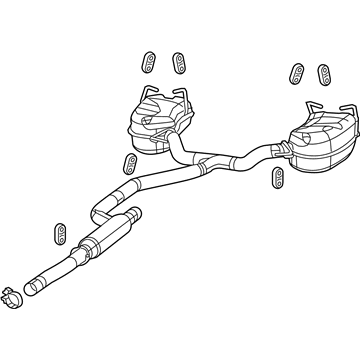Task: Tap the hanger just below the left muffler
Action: tap(128, 164)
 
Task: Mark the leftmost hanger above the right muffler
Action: tap(297, 74)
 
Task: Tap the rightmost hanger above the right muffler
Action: tap(322, 73)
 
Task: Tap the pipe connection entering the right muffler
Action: tap(275, 150)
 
